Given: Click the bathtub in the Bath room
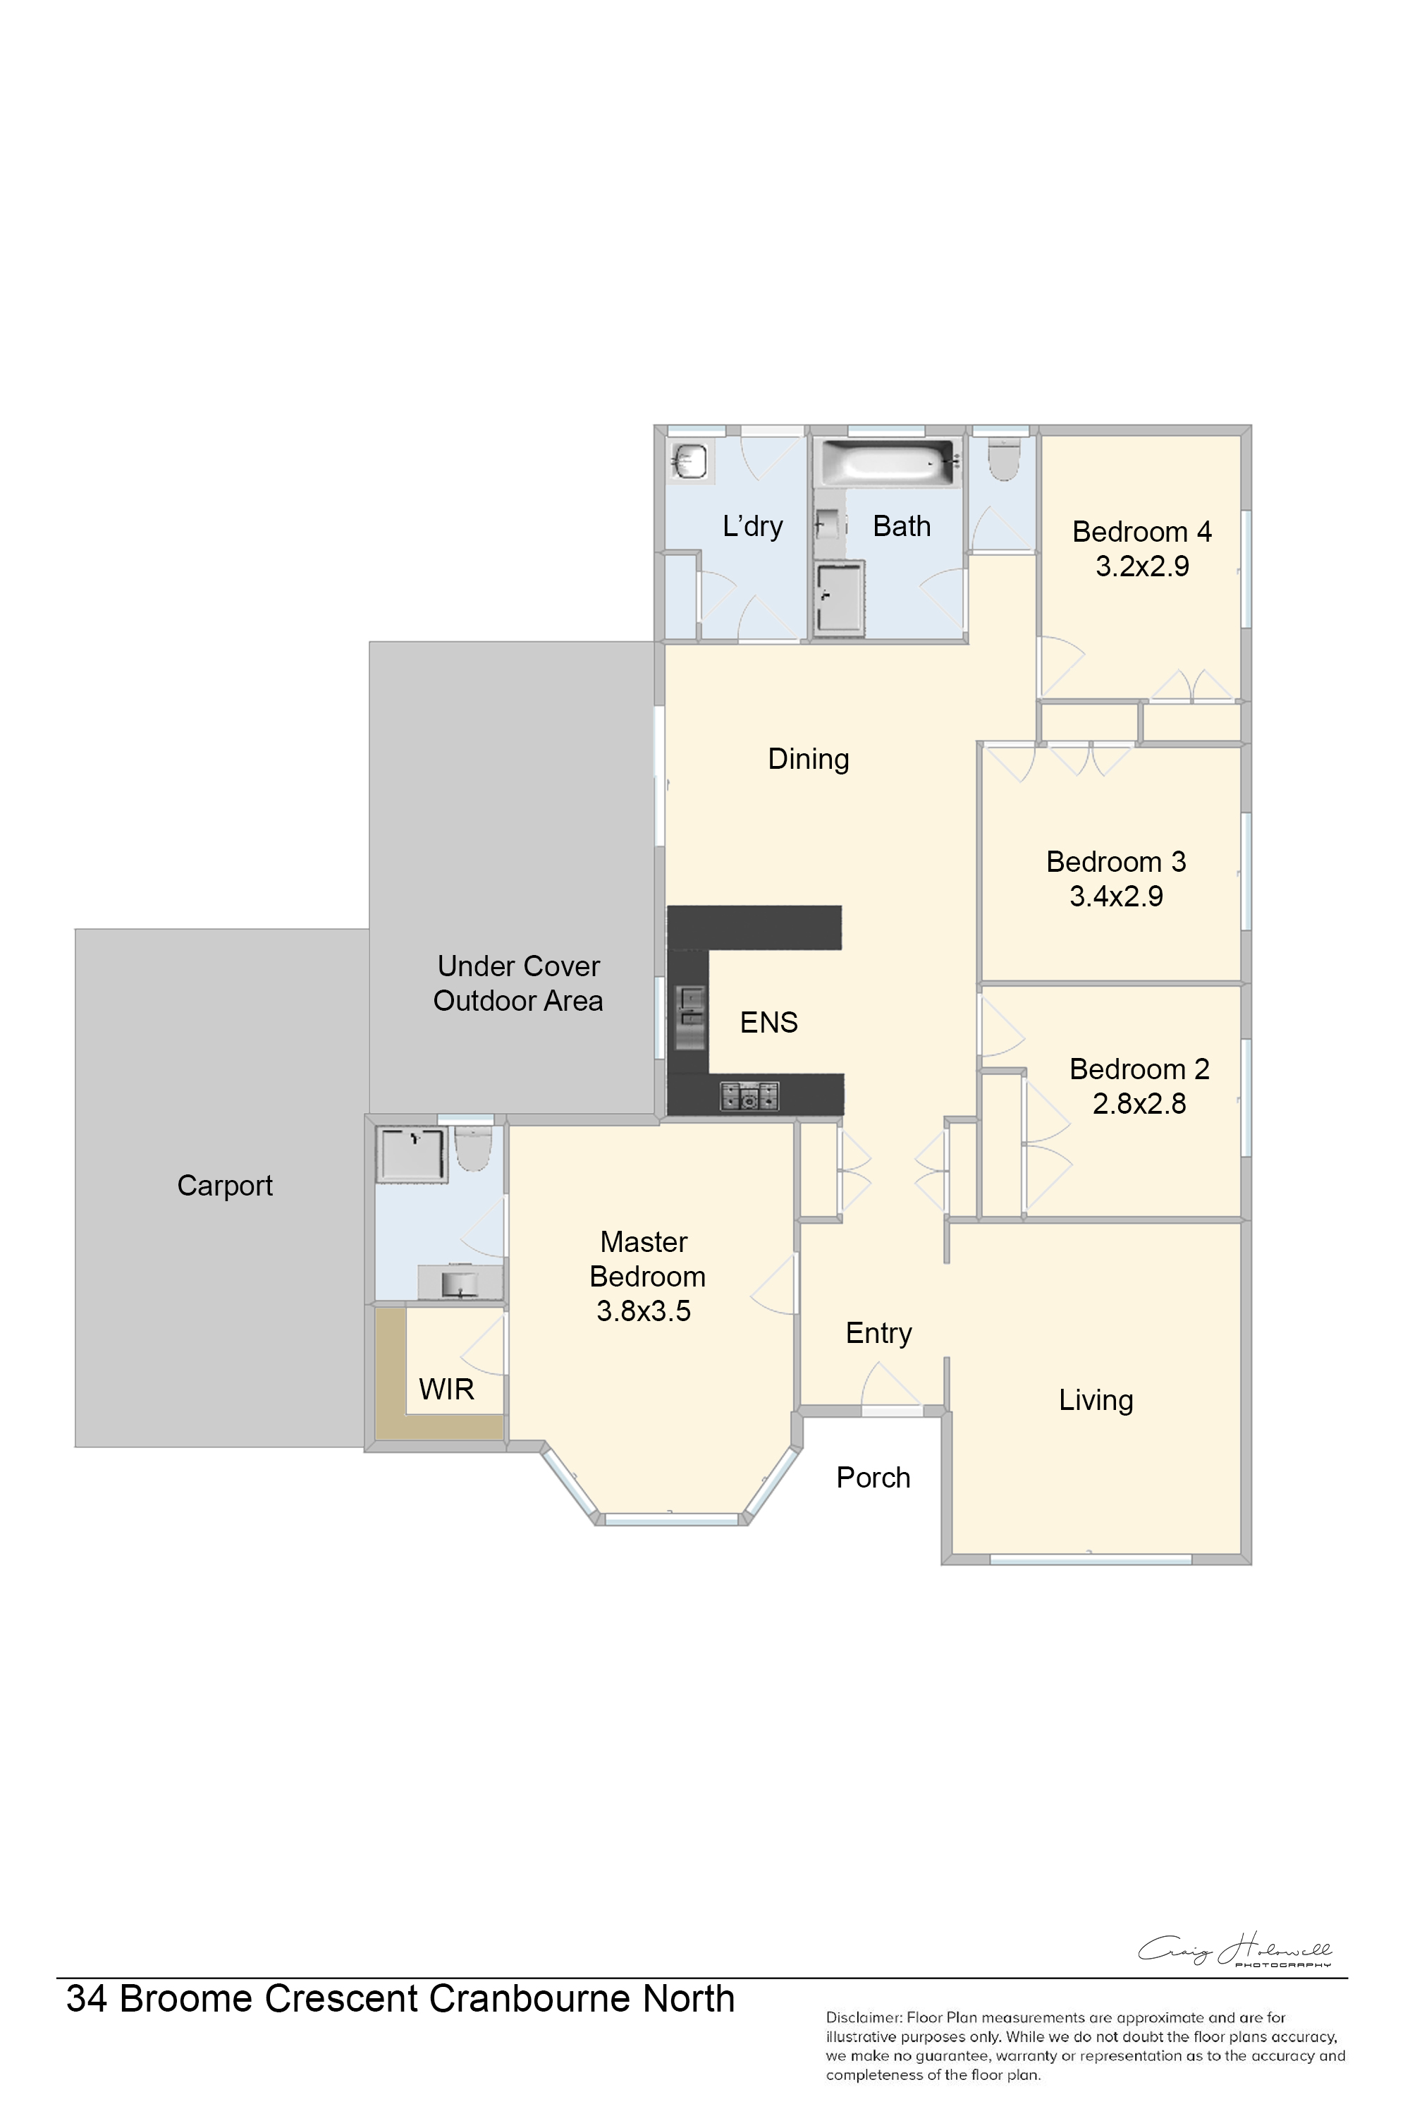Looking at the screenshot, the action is (x=888, y=463).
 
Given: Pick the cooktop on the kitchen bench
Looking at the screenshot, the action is (x=749, y=1096).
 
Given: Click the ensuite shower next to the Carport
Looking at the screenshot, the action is (x=412, y=1153).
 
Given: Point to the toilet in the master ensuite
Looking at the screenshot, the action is (x=474, y=1148).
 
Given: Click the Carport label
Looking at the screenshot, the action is (x=225, y=1186).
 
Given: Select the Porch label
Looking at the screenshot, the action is (x=873, y=1477).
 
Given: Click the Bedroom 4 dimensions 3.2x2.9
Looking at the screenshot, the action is (x=1142, y=566).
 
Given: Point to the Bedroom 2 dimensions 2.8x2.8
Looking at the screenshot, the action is (x=1139, y=1103).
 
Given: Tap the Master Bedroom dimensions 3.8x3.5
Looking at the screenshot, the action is (x=644, y=1311).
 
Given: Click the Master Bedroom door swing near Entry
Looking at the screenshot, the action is (x=773, y=1283).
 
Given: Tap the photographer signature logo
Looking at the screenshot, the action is (x=1234, y=1950).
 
